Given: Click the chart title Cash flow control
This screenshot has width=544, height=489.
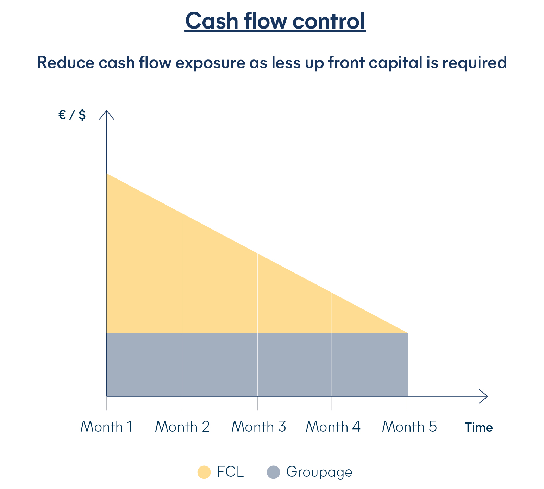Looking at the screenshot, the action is [275, 21].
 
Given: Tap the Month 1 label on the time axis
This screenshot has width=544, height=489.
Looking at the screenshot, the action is [106, 427].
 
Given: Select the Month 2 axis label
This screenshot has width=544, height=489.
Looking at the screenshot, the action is [182, 427].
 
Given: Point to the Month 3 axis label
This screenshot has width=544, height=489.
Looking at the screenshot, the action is [258, 427].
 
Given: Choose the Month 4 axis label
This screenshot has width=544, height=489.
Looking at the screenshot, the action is [333, 427].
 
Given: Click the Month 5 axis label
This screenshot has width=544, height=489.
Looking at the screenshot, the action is [409, 427].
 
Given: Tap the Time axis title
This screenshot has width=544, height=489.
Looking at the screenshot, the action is [479, 427].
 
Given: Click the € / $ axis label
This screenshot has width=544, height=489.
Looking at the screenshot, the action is [72, 115].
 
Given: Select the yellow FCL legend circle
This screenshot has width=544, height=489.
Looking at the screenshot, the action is [204, 472].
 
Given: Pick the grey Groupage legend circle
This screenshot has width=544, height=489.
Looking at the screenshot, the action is [273, 472].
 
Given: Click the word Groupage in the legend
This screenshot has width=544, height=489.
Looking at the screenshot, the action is [319, 472].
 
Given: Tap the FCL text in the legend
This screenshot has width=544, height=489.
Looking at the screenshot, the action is [230, 472].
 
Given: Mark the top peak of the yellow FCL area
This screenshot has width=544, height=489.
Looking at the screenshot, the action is [107, 174].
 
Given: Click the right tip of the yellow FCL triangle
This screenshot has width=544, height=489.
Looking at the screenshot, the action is [408, 333].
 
